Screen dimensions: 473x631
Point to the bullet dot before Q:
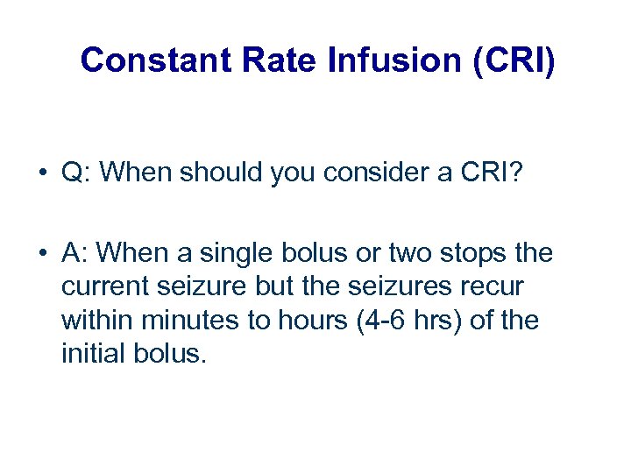(42, 173)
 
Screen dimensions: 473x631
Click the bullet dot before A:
(42, 254)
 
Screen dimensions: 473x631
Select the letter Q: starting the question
(77, 173)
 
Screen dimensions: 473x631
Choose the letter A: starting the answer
(76, 254)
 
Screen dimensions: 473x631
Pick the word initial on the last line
(90, 355)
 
